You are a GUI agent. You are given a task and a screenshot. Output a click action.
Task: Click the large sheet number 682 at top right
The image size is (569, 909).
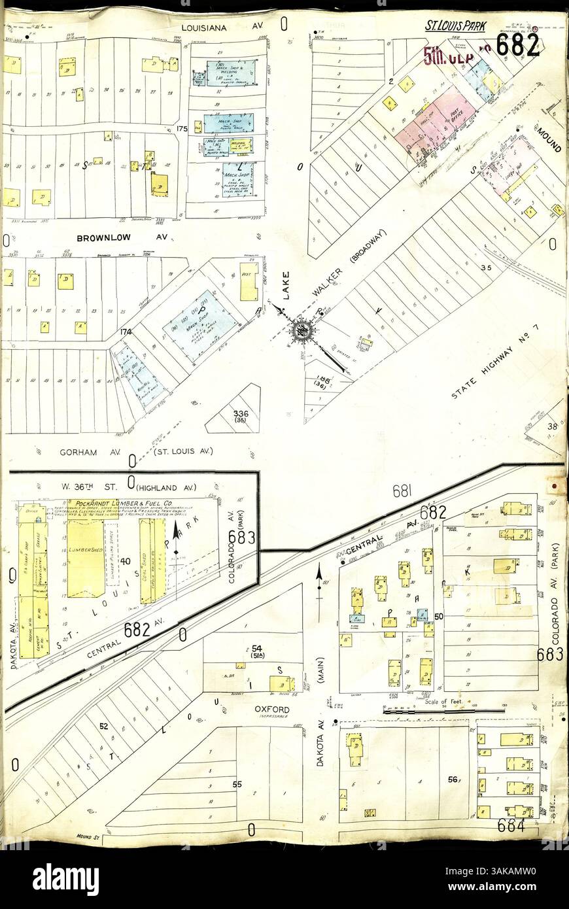coord(517,44)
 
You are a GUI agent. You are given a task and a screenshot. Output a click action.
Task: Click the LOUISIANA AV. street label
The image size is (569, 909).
coord(213,28)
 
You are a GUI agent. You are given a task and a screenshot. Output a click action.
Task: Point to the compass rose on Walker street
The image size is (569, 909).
coord(302,330)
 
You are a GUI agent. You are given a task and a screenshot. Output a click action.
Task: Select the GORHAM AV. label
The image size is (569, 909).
coord(82,451)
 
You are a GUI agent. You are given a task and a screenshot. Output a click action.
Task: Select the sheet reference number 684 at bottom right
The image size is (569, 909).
coord(511,826)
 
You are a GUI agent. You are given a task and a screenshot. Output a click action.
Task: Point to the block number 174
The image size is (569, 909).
coord(126,332)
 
